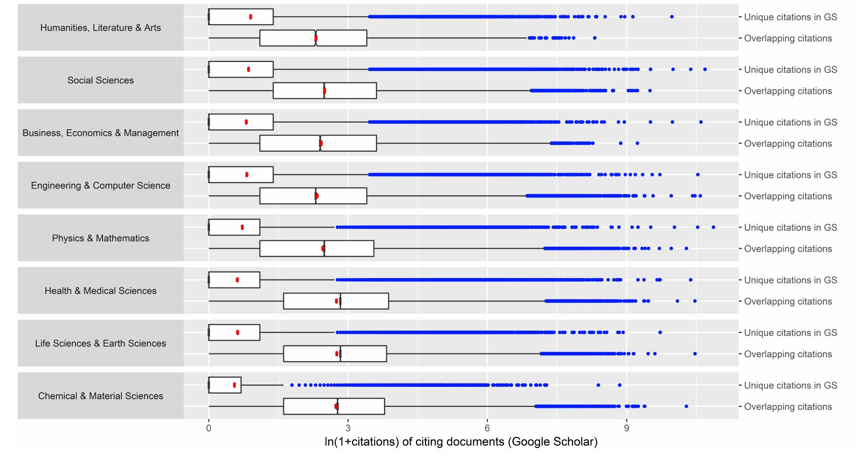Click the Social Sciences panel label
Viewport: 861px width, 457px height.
click(100, 80)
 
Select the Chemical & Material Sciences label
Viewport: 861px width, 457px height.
click(100, 396)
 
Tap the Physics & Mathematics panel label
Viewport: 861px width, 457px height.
click(100, 238)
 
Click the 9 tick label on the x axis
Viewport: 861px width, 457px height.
click(626, 428)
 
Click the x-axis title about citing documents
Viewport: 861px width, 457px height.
click(461, 442)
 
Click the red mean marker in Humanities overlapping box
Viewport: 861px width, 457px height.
click(316, 38)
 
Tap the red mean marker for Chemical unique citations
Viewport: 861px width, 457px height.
click(234, 385)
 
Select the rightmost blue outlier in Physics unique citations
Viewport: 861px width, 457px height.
click(713, 227)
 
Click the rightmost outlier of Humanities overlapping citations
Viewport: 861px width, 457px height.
click(594, 38)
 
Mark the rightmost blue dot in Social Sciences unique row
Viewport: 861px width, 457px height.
click(705, 70)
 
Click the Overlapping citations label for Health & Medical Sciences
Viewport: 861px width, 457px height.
click(788, 301)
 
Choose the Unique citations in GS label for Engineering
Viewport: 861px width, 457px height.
click(790, 175)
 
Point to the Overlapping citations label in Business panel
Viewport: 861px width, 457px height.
click(788, 144)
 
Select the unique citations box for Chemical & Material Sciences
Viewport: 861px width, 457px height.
click(225, 385)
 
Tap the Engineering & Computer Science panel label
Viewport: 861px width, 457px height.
click(100, 186)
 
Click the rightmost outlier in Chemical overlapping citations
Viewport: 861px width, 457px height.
click(686, 406)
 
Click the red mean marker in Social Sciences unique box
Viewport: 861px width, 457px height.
click(249, 70)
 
